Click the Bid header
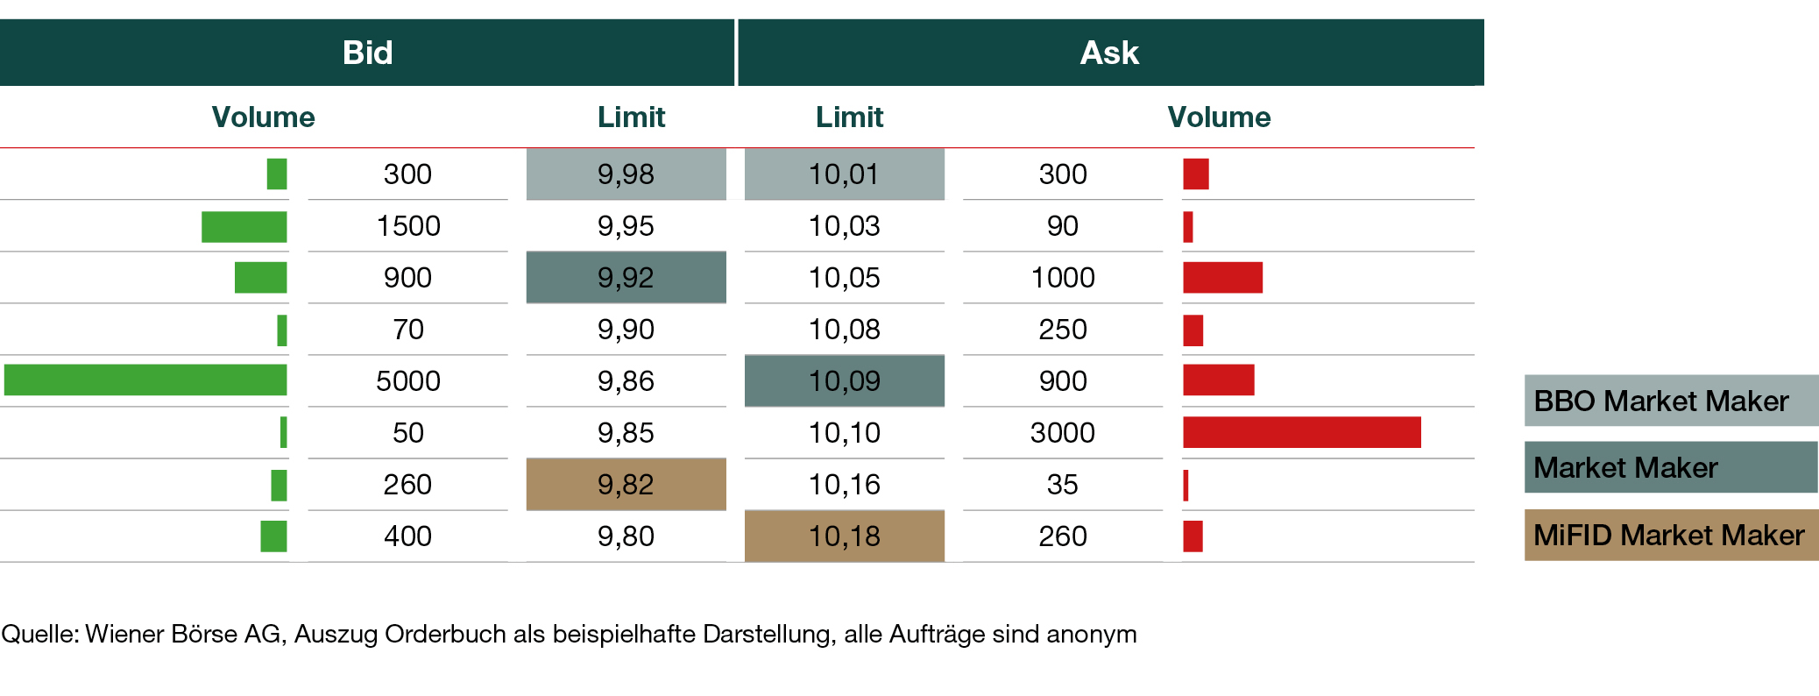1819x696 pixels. coord(367,53)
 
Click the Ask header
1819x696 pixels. coord(1109,53)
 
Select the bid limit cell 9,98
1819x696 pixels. coord(626,174)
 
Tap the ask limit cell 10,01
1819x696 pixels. coord(844,174)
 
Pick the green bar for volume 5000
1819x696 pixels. coord(145,380)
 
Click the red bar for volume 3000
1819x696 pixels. coord(1301,432)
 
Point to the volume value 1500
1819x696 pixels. coord(408,226)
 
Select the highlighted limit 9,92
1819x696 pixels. coord(626,278)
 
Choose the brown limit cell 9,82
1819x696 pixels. coord(626,485)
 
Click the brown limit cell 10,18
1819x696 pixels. coord(844,536)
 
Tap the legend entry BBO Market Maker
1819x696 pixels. coord(1670,401)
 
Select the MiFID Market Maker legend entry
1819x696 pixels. coord(1670,535)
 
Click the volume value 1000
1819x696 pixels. coord(1063,278)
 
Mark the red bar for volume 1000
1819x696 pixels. coord(1222,278)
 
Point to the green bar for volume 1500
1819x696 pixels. coord(244,226)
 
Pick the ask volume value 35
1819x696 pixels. coord(1063,485)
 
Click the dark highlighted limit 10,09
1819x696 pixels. coord(844,381)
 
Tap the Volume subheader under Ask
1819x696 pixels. coord(1219,117)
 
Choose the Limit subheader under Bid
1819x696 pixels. coord(631,117)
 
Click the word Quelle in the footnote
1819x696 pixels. coord(40,634)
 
